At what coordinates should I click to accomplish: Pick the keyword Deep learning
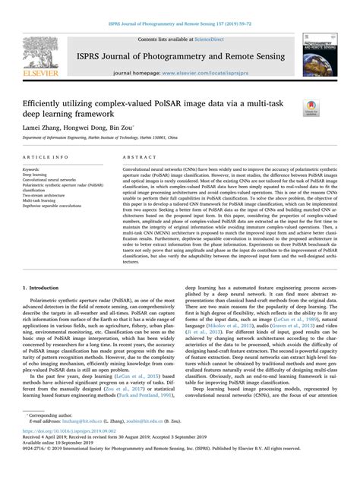click(36, 174)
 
